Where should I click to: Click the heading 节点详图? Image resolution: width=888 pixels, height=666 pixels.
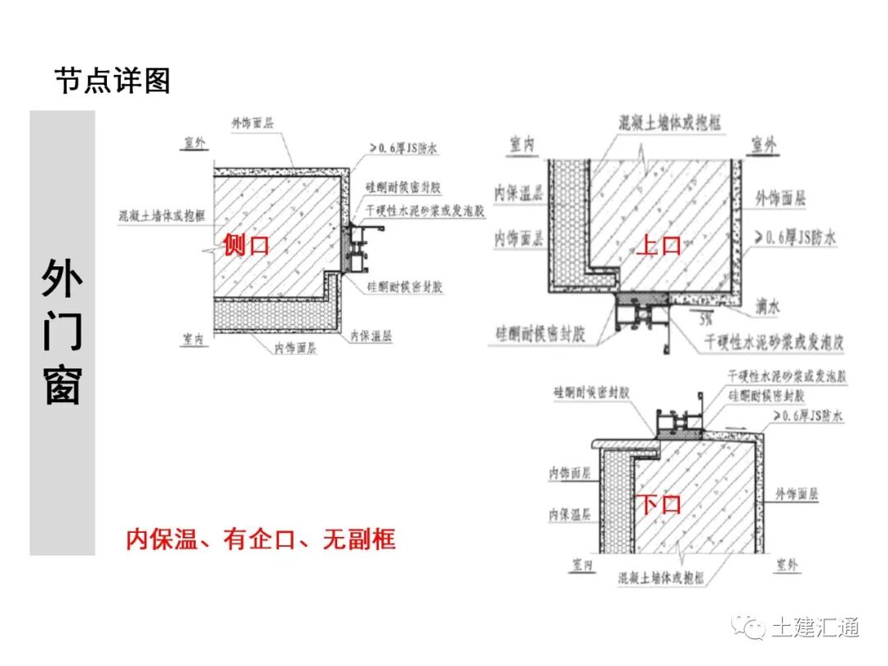point(112,81)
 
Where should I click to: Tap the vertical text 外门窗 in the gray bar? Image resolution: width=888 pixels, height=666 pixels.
point(62,332)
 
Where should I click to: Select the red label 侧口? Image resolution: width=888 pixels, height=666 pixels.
point(246,244)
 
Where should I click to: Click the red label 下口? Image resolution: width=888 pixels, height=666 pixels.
point(660,503)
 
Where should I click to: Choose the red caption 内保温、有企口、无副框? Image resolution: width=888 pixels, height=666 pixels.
point(261,539)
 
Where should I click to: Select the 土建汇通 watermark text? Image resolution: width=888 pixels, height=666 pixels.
point(816,627)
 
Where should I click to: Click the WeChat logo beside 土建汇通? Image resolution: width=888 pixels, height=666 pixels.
point(750,627)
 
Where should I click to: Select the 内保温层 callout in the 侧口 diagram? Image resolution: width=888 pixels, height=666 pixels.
point(371,335)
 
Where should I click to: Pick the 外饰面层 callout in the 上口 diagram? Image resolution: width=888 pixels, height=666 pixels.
point(780,198)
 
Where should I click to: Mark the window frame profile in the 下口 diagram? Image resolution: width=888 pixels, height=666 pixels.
point(678,422)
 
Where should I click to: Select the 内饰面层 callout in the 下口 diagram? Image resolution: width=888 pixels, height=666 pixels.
point(570,474)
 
